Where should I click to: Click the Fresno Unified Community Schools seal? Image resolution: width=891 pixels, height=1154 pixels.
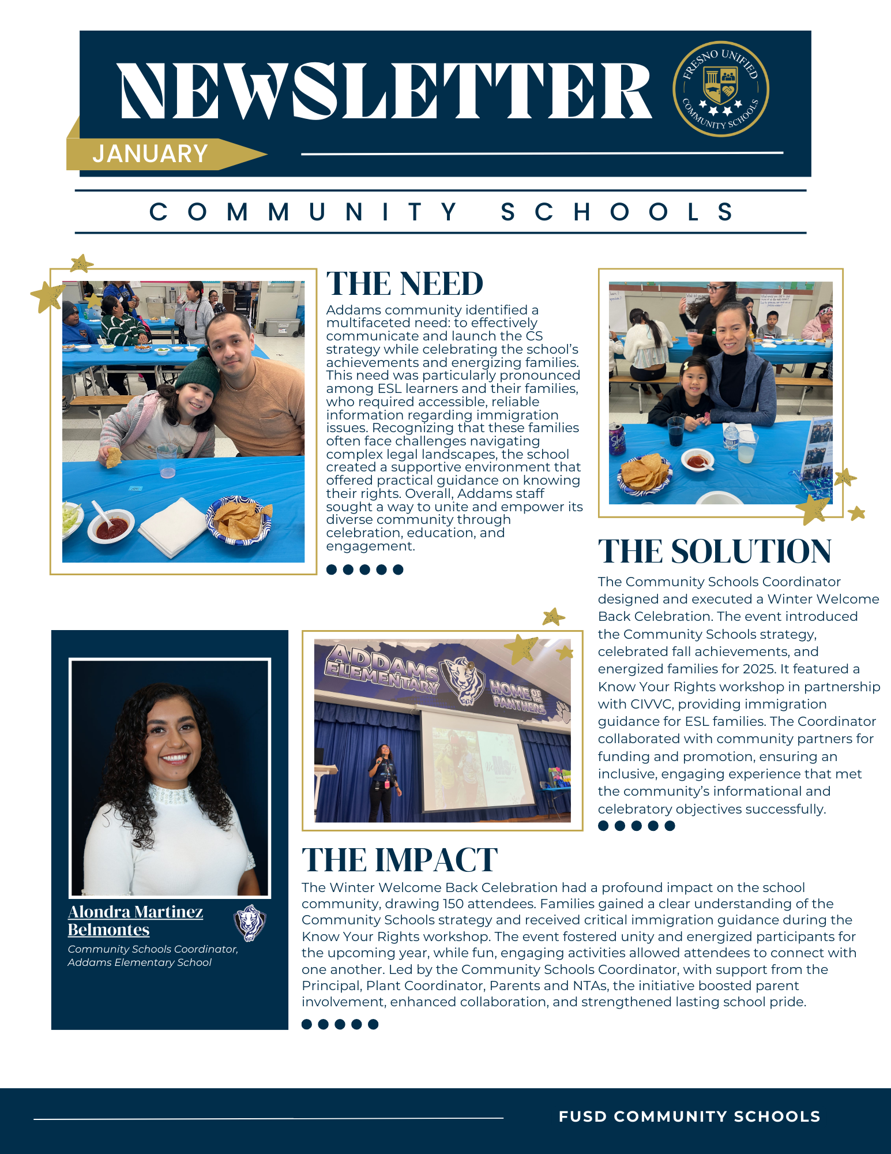coord(720,89)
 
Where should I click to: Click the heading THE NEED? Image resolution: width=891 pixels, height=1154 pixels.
coord(404,284)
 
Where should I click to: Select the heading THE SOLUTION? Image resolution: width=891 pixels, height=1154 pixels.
coord(714,551)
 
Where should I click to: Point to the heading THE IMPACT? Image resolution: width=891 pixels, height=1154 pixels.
coord(399,860)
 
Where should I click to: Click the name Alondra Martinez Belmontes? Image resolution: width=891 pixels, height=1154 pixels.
coord(135,920)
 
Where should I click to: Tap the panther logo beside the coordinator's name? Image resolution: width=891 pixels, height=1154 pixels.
coord(250,922)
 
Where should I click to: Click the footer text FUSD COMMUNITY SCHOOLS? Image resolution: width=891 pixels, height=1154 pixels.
coord(689,1116)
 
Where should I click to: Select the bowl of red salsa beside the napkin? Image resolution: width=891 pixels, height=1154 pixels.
coord(111,526)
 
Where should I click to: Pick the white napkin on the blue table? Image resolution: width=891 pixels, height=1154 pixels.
coord(172,526)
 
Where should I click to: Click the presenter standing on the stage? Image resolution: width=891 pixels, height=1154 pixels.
coord(384,782)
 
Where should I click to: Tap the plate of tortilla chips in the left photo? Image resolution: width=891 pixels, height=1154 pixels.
coord(239,520)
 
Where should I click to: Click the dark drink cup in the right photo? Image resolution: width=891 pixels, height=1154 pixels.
coord(675,431)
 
